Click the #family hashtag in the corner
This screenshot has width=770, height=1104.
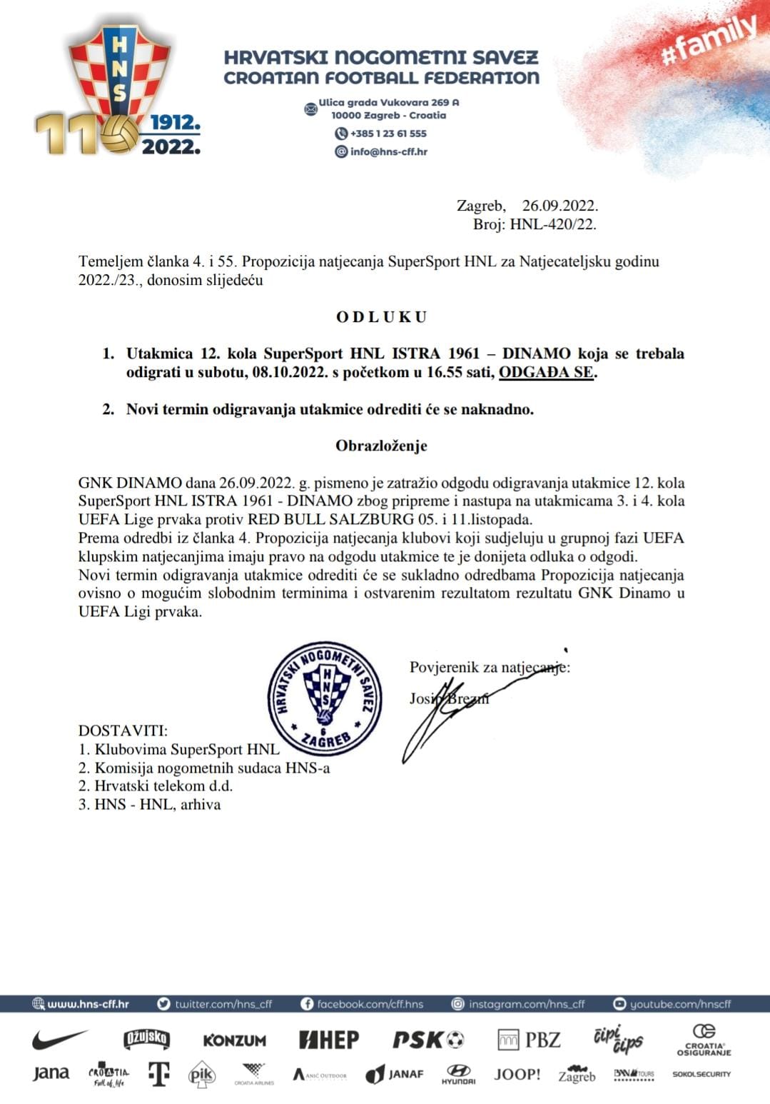point(709,41)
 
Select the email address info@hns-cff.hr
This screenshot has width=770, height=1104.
point(388,151)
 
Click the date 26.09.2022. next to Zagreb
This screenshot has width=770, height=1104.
point(559,206)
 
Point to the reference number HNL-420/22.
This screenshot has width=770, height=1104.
point(553,224)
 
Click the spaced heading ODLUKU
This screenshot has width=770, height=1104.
point(382,317)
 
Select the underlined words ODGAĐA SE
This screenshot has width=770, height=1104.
point(546,372)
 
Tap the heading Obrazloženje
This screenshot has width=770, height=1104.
point(381,446)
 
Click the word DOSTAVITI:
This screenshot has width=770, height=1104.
point(123,731)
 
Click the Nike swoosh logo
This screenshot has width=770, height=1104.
point(60,1039)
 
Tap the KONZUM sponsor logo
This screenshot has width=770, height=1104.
point(234,1040)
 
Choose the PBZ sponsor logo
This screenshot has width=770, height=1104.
point(529,1040)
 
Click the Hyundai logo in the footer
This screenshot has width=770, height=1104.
point(458,1074)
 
